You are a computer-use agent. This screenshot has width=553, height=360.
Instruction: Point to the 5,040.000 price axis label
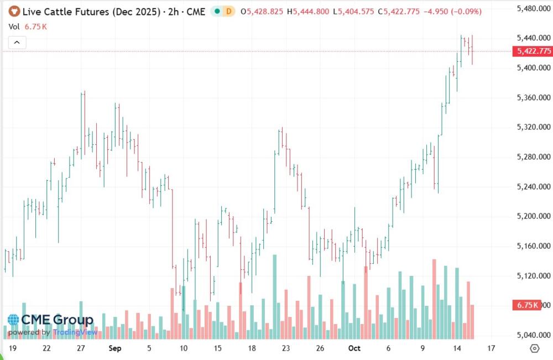[533, 335]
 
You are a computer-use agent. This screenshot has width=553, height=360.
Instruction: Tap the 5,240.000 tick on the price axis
[533, 187]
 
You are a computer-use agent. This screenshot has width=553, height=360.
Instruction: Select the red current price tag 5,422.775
[534, 51]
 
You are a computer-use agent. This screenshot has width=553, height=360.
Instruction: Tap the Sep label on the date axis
[114, 348]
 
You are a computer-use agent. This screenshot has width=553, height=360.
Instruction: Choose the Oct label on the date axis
[354, 348]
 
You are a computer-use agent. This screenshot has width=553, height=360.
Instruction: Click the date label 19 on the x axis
[12, 348]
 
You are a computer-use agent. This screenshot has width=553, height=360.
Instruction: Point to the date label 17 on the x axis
[491, 348]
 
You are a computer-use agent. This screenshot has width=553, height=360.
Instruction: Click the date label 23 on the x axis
[286, 348]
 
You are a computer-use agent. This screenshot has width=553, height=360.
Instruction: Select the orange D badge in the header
[228, 11]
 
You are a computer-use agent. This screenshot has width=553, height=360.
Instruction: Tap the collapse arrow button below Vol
[17, 42]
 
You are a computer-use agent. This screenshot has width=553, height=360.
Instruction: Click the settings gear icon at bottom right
[534, 348]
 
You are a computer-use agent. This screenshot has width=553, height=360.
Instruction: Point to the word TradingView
[75, 332]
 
